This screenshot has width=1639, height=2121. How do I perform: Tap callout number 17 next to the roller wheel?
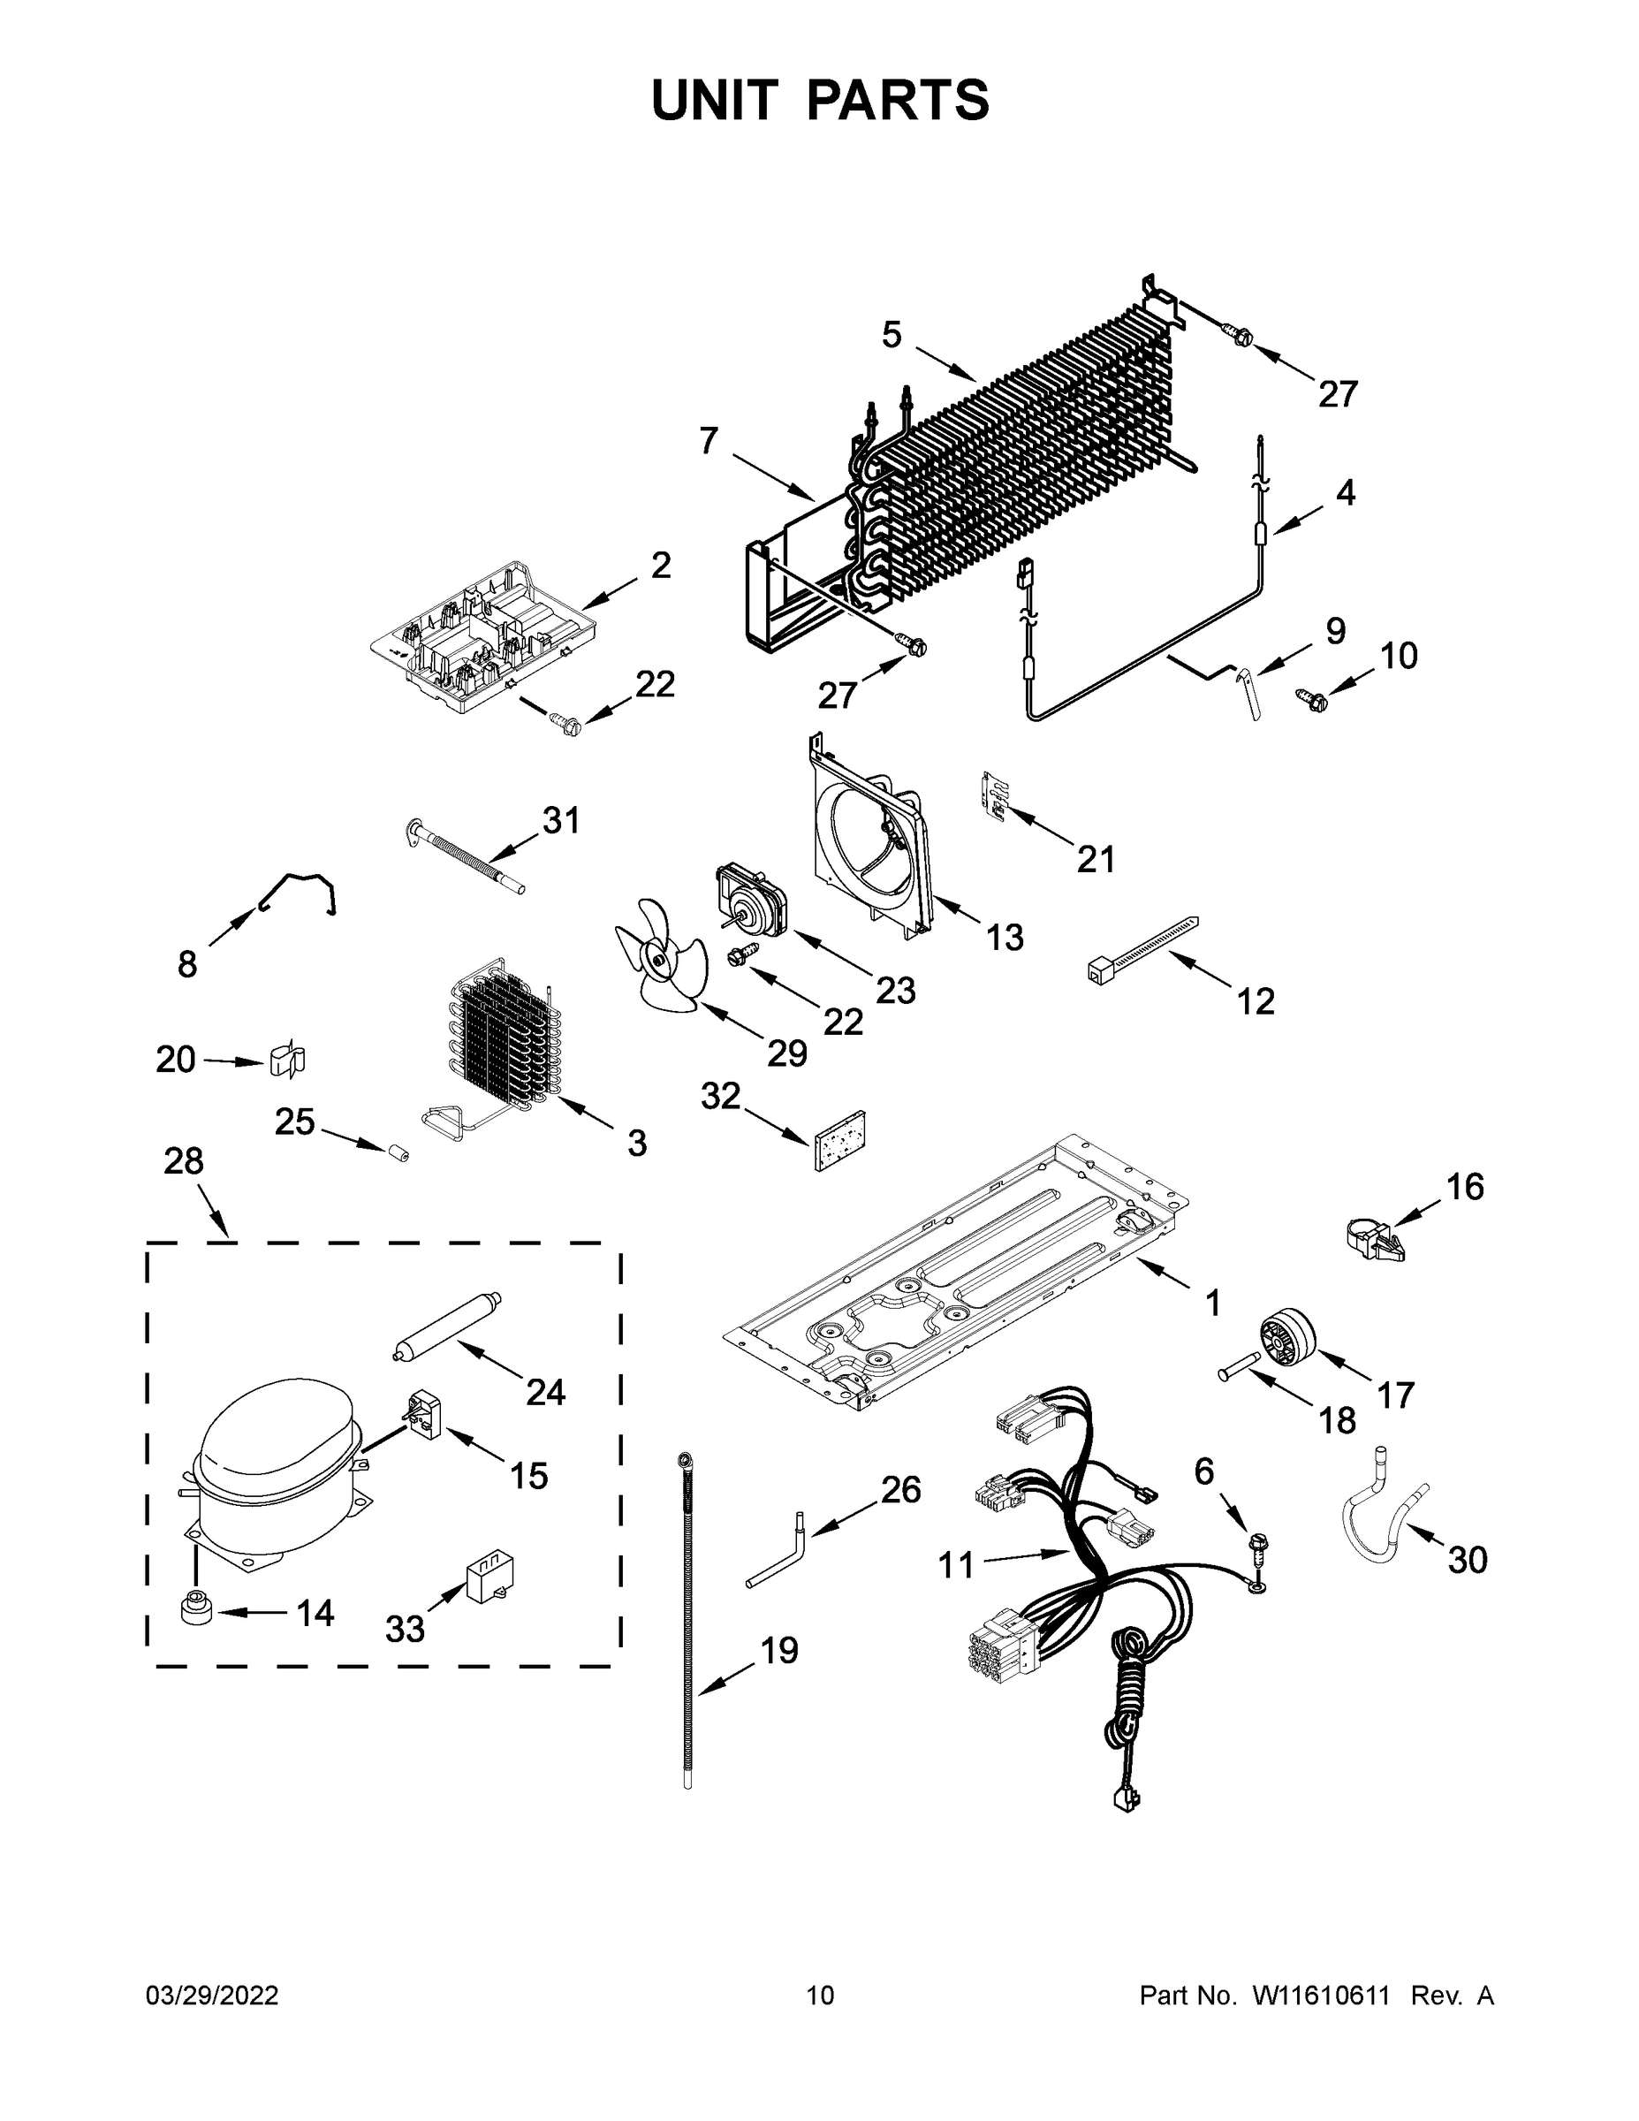coord(1396,1395)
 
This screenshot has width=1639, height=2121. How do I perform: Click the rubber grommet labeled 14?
coord(195,1608)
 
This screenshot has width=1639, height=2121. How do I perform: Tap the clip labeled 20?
coord(286,1060)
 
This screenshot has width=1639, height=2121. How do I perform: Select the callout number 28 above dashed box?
coord(184,1160)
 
